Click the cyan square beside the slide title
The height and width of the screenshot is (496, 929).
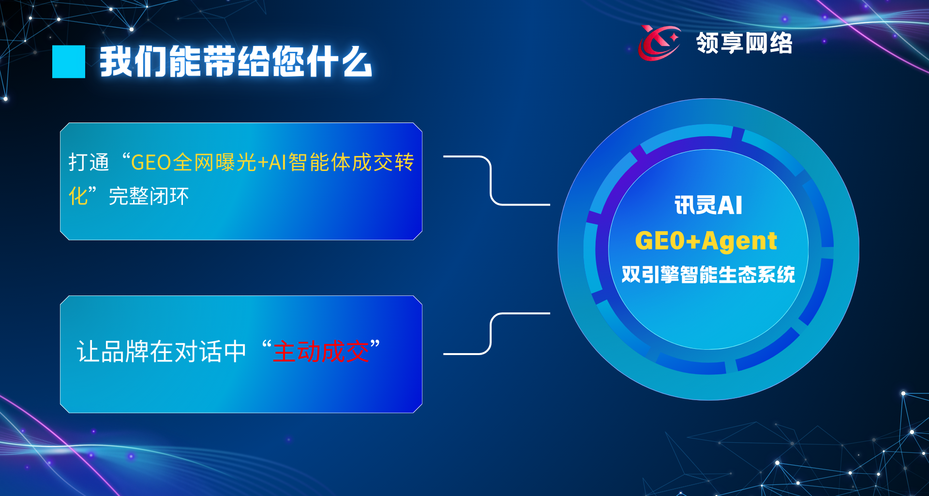(x=69, y=62)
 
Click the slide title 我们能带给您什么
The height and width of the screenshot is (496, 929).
(x=236, y=62)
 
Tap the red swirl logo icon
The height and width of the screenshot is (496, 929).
(x=659, y=43)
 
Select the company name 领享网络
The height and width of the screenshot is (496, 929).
(x=744, y=43)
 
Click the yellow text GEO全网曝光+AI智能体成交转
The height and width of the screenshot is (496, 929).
(x=272, y=162)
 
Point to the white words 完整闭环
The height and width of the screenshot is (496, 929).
(x=149, y=196)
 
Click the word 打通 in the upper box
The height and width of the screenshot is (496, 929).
(x=89, y=162)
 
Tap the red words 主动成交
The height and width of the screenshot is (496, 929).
(x=321, y=351)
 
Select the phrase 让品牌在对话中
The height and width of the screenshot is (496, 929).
(x=162, y=351)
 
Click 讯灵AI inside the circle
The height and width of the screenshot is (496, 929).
(x=708, y=205)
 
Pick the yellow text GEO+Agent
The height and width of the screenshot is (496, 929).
(x=706, y=240)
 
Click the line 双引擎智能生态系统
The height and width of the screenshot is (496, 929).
(x=708, y=274)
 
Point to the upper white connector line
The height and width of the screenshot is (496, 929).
(x=491, y=180)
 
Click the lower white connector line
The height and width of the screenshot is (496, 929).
(x=491, y=334)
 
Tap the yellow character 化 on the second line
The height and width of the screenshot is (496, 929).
(x=78, y=196)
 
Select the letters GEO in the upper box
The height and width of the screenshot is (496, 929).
(x=151, y=163)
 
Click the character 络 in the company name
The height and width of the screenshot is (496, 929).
(x=780, y=43)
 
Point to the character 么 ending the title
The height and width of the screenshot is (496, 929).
(x=356, y=62)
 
